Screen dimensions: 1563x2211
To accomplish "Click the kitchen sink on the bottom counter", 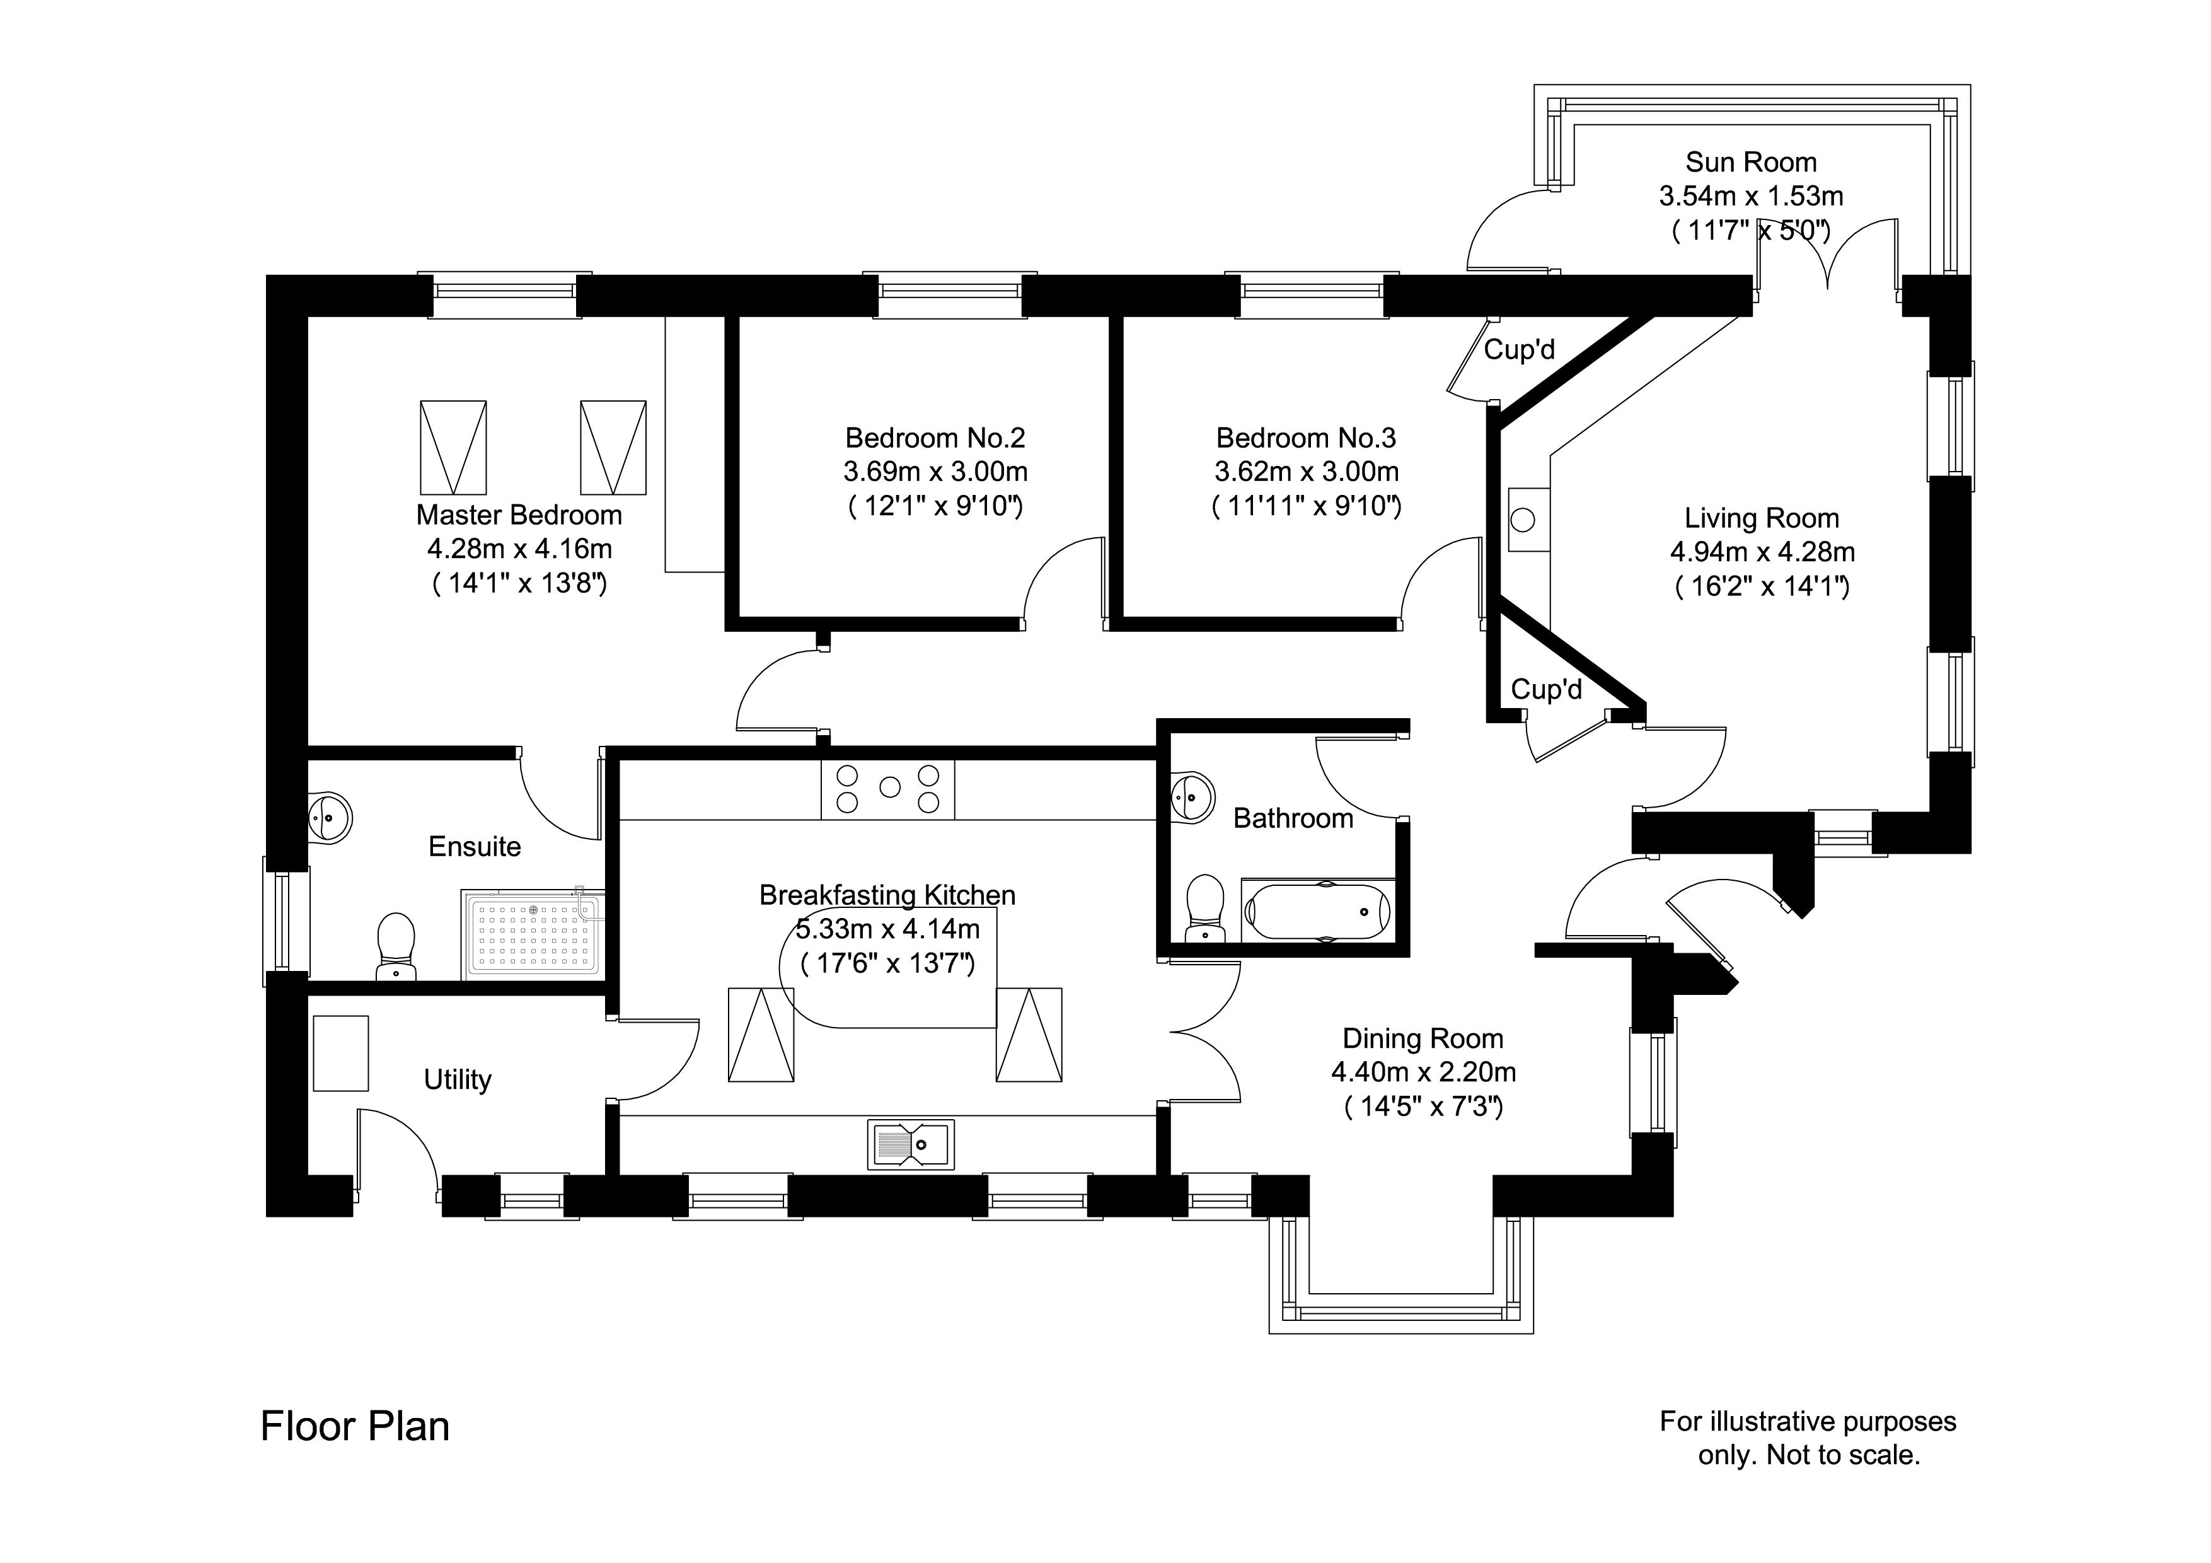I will coord(910,1144).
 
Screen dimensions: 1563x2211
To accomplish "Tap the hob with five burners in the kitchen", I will coord(888,787).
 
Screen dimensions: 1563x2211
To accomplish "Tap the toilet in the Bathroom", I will coord(1204,907).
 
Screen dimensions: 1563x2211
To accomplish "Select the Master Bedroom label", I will coord(519,515).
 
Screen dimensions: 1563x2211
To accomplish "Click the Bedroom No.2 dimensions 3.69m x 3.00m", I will coord(935,472).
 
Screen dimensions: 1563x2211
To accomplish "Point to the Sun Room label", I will coord(1751,162).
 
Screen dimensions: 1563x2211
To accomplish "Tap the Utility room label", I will coord(458,1079).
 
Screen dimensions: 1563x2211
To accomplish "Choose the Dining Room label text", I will coord(1423,1038).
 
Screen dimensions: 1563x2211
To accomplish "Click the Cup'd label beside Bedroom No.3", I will coord(1518,349).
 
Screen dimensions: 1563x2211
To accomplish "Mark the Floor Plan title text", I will coord(354,1426).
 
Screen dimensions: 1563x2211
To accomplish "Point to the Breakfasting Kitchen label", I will coord(887,895).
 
